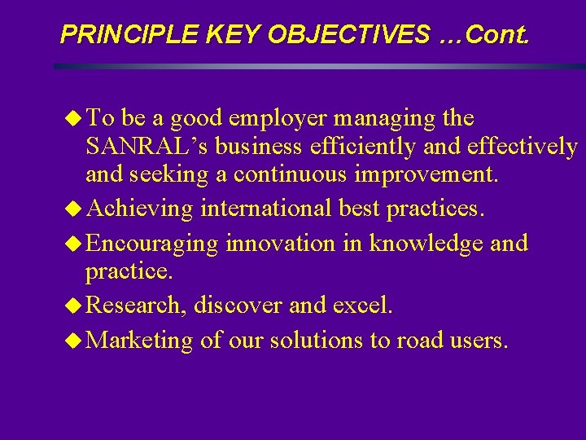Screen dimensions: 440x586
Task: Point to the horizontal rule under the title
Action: tap(317, 66)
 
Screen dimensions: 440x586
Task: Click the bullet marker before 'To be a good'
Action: tap(75, 119)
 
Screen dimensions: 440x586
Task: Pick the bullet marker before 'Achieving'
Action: tap(75, 209)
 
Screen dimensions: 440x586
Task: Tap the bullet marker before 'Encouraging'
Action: tap(75, 244)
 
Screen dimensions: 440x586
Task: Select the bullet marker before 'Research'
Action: tap(75, 306)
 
